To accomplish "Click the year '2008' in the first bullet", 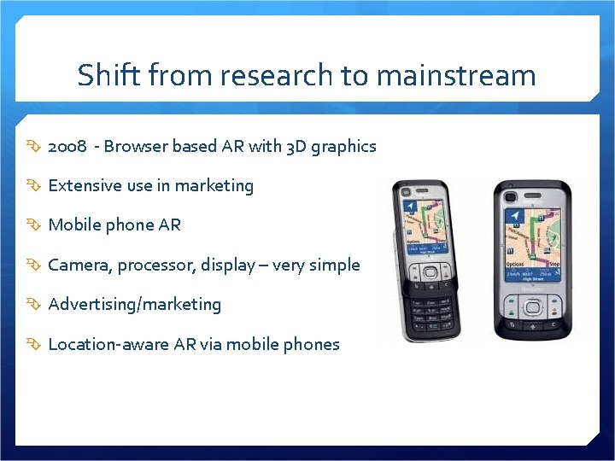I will point(67,147).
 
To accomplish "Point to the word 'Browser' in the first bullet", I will point(136,147).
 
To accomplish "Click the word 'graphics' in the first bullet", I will point(343,147).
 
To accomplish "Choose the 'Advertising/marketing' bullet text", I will point(134,305).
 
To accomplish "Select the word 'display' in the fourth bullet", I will point(227,266).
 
